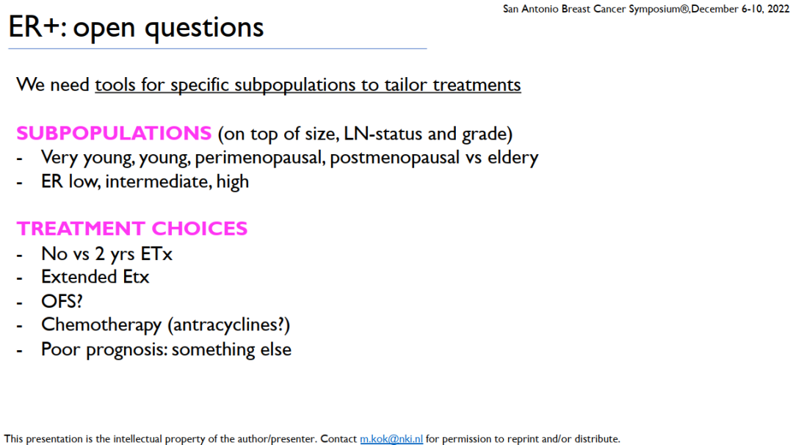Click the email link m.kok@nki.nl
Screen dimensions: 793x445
pyautogui.click(x=391, y=438)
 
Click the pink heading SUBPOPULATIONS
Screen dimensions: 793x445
pyautogui.click(x=114, y=134)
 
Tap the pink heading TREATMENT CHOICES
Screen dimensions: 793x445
pyautogui.click(x=132, y=228)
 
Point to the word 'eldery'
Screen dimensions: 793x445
pyautogui.click(x=513, y=159)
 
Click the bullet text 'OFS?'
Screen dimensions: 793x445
pyautogui.click(x=62, y=301)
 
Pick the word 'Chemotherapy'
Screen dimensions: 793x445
pyautogui.click(x=101, y=325)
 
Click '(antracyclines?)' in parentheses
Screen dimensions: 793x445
pyautogui.click(x=228, y=325)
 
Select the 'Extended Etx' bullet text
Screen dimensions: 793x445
pyautogui.click(x=95, y=277)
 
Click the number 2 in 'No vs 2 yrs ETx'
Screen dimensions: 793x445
pyautogui.click(x=100, y=254)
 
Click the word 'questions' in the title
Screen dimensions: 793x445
pyautogui.click(x=204, y=29)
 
